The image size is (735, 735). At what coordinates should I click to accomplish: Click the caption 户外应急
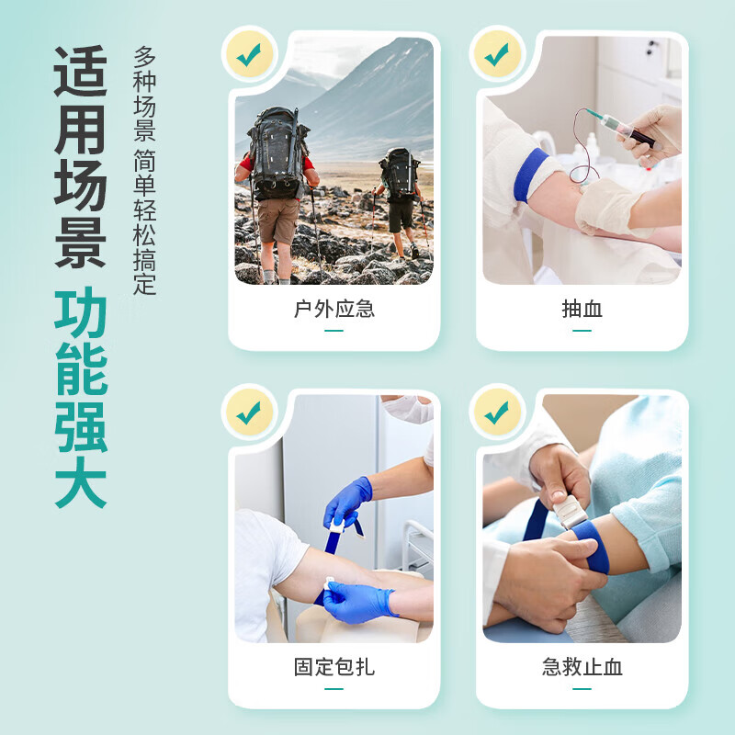[x=334, y=310]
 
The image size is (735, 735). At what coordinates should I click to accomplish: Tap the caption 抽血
[x=582, y=310]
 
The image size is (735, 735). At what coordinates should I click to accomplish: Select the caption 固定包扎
[x=334, y=667]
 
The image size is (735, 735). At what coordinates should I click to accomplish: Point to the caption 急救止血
[x=582, y=667]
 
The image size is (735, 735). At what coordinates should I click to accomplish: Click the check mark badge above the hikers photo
[x=249, y=54]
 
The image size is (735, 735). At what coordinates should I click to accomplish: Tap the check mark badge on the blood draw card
[x=497, y=54]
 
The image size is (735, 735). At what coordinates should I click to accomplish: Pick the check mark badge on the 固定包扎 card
[x=249, y=413]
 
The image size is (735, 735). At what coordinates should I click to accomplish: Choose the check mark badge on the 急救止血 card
[x=497, y=413]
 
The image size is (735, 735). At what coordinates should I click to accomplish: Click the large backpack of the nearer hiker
[x=278, y=153]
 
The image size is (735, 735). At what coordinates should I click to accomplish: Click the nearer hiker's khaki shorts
[x=278, y=220]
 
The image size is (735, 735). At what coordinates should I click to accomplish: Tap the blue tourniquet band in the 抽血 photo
[x=530, y=175]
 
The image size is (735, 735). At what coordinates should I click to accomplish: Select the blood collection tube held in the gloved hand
[x=628, y=131]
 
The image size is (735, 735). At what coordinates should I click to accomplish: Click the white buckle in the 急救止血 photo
[x=570, y=512]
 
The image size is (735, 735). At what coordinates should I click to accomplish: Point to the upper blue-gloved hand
[x=348, y=501]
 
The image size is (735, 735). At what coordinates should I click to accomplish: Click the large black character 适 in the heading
[x=81, y=71]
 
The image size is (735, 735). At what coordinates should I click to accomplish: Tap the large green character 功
[x=81, y=312]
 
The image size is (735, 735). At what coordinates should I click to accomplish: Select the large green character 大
[x=81, y=483]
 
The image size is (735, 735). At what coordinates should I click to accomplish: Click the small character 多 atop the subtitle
[x=144, y=57]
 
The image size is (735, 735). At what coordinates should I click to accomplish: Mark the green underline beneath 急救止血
[x=582, y=688]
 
